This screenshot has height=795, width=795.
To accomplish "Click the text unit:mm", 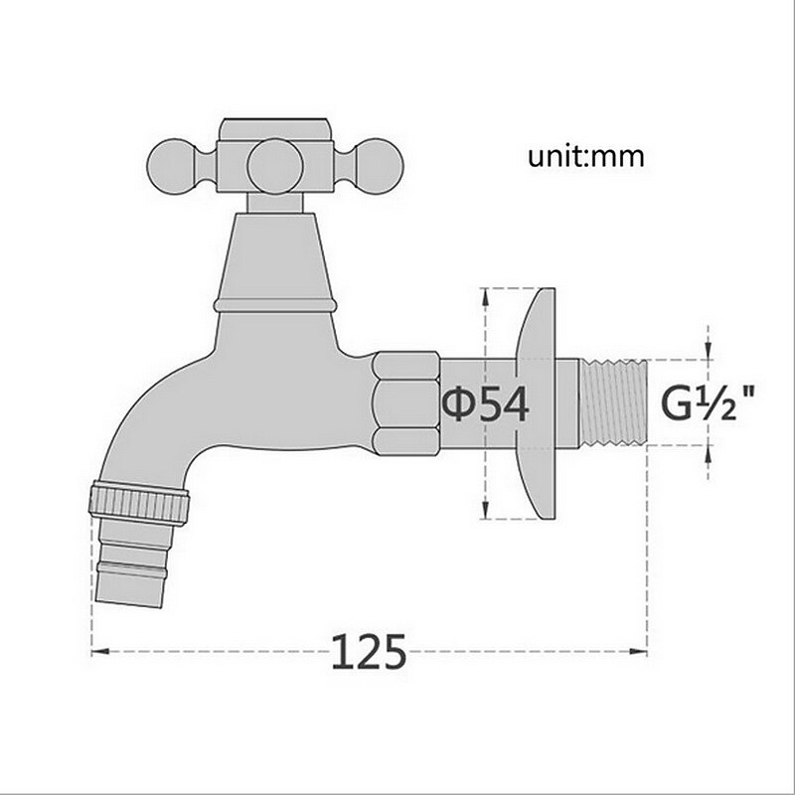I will (587, 156).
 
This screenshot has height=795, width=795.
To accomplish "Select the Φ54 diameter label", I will (484, 404).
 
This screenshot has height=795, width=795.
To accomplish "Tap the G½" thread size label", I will (708, 404).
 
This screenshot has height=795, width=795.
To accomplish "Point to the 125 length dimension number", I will (368, 652).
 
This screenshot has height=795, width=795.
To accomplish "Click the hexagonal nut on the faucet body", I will (404, 403).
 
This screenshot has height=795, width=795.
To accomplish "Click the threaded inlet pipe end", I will (613, 403).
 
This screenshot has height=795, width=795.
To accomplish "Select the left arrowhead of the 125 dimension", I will (97, 652).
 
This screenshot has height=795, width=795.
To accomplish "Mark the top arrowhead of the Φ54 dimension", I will (484, 294).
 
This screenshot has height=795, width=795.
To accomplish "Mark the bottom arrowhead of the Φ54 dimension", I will (484, 514).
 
